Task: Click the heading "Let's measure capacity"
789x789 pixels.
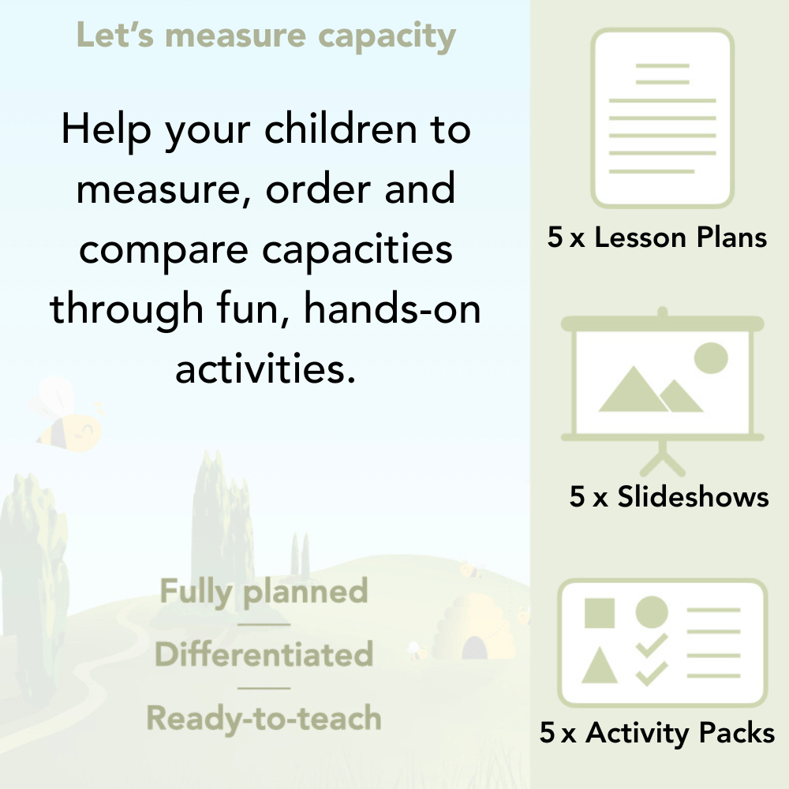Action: click(x=266, y=36)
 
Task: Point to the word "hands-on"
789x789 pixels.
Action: click(x=392, y=308)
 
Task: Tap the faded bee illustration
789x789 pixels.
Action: click(x=67, y=418)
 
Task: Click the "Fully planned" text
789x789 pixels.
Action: click(x=264, y=592)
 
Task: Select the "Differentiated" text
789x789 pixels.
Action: click(x=264, y=655)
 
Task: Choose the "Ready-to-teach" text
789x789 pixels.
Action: click(x=264, y=719)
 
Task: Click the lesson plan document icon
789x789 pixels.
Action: click(x=663, y=118)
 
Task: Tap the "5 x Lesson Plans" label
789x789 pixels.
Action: click(x=657, y=237)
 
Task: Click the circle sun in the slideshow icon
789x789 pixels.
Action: click(x=710, y=357)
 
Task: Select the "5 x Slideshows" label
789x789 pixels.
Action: click(x=669, y=497)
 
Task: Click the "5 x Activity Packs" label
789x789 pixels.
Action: click(x=657, y=734)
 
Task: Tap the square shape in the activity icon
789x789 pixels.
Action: click(x=600, y=613)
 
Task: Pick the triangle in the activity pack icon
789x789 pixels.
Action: click(x=599, y=667)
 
